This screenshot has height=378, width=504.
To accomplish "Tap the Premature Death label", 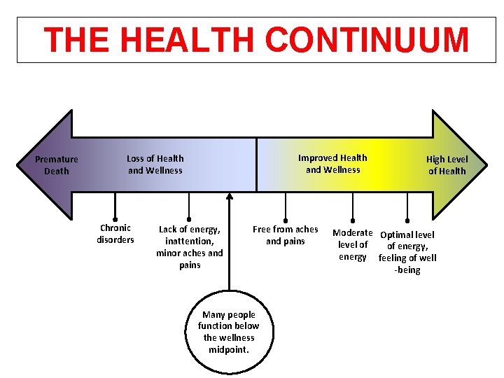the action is click(x=57, y=165).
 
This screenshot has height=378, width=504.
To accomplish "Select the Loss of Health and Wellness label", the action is click(x=155, y=164).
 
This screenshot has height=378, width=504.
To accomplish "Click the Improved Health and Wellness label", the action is click(x=332, y=163).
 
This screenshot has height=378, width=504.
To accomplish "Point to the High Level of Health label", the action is click(x=447, y=165).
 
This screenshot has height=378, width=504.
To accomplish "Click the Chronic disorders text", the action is click(x=115, y=233).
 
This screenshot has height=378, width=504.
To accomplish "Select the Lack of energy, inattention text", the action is click(x=190, y=246).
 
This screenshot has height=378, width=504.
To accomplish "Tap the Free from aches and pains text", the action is click(x=285, y=234).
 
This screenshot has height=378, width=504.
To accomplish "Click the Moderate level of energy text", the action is click(x=353, y=244).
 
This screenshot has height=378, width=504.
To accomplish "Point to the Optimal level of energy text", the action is click(x=407, y=252).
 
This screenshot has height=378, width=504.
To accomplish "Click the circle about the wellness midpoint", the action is click(x=228, y=332).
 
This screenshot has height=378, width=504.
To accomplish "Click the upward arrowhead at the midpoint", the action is click(x=229, y=198).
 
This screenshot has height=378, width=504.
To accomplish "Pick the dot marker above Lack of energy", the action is click(x=189, y=217).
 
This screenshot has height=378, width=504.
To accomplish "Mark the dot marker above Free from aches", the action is click(x=285, y=218).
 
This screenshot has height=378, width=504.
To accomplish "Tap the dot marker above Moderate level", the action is click(x=353, y=218).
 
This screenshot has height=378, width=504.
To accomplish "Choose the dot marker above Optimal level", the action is click(x=407, y=218).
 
